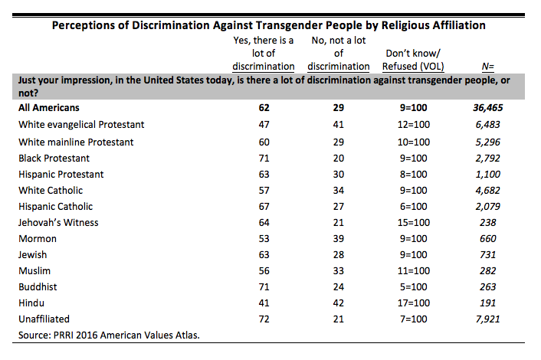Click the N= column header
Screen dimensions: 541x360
coord(487,66)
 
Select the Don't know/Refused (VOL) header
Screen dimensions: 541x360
coord(413,60)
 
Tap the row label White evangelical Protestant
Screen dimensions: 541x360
coord(81,125)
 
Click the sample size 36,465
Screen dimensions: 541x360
coord(487,108)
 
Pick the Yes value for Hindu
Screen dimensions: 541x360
coord(264,303)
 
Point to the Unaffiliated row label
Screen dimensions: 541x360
coord(44,319)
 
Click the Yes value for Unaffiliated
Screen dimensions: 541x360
coord(264,319)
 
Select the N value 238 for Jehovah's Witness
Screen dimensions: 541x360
coord(487,223)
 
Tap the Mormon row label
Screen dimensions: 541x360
coord(38,239)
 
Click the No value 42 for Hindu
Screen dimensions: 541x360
coord(339,303)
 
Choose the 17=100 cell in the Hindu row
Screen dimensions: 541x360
coord(413,303)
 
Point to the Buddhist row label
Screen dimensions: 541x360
coord(38,287)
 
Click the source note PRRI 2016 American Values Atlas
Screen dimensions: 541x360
coord(109,335)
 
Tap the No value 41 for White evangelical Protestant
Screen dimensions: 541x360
coord(339,125)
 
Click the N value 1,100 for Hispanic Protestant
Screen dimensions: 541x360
coord(487,175)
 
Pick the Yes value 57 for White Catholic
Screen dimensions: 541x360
coord(264,191)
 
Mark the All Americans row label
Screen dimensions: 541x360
coord(49,108)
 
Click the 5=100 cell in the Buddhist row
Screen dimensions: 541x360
coord(413,287)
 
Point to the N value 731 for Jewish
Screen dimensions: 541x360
coord(487,255)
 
